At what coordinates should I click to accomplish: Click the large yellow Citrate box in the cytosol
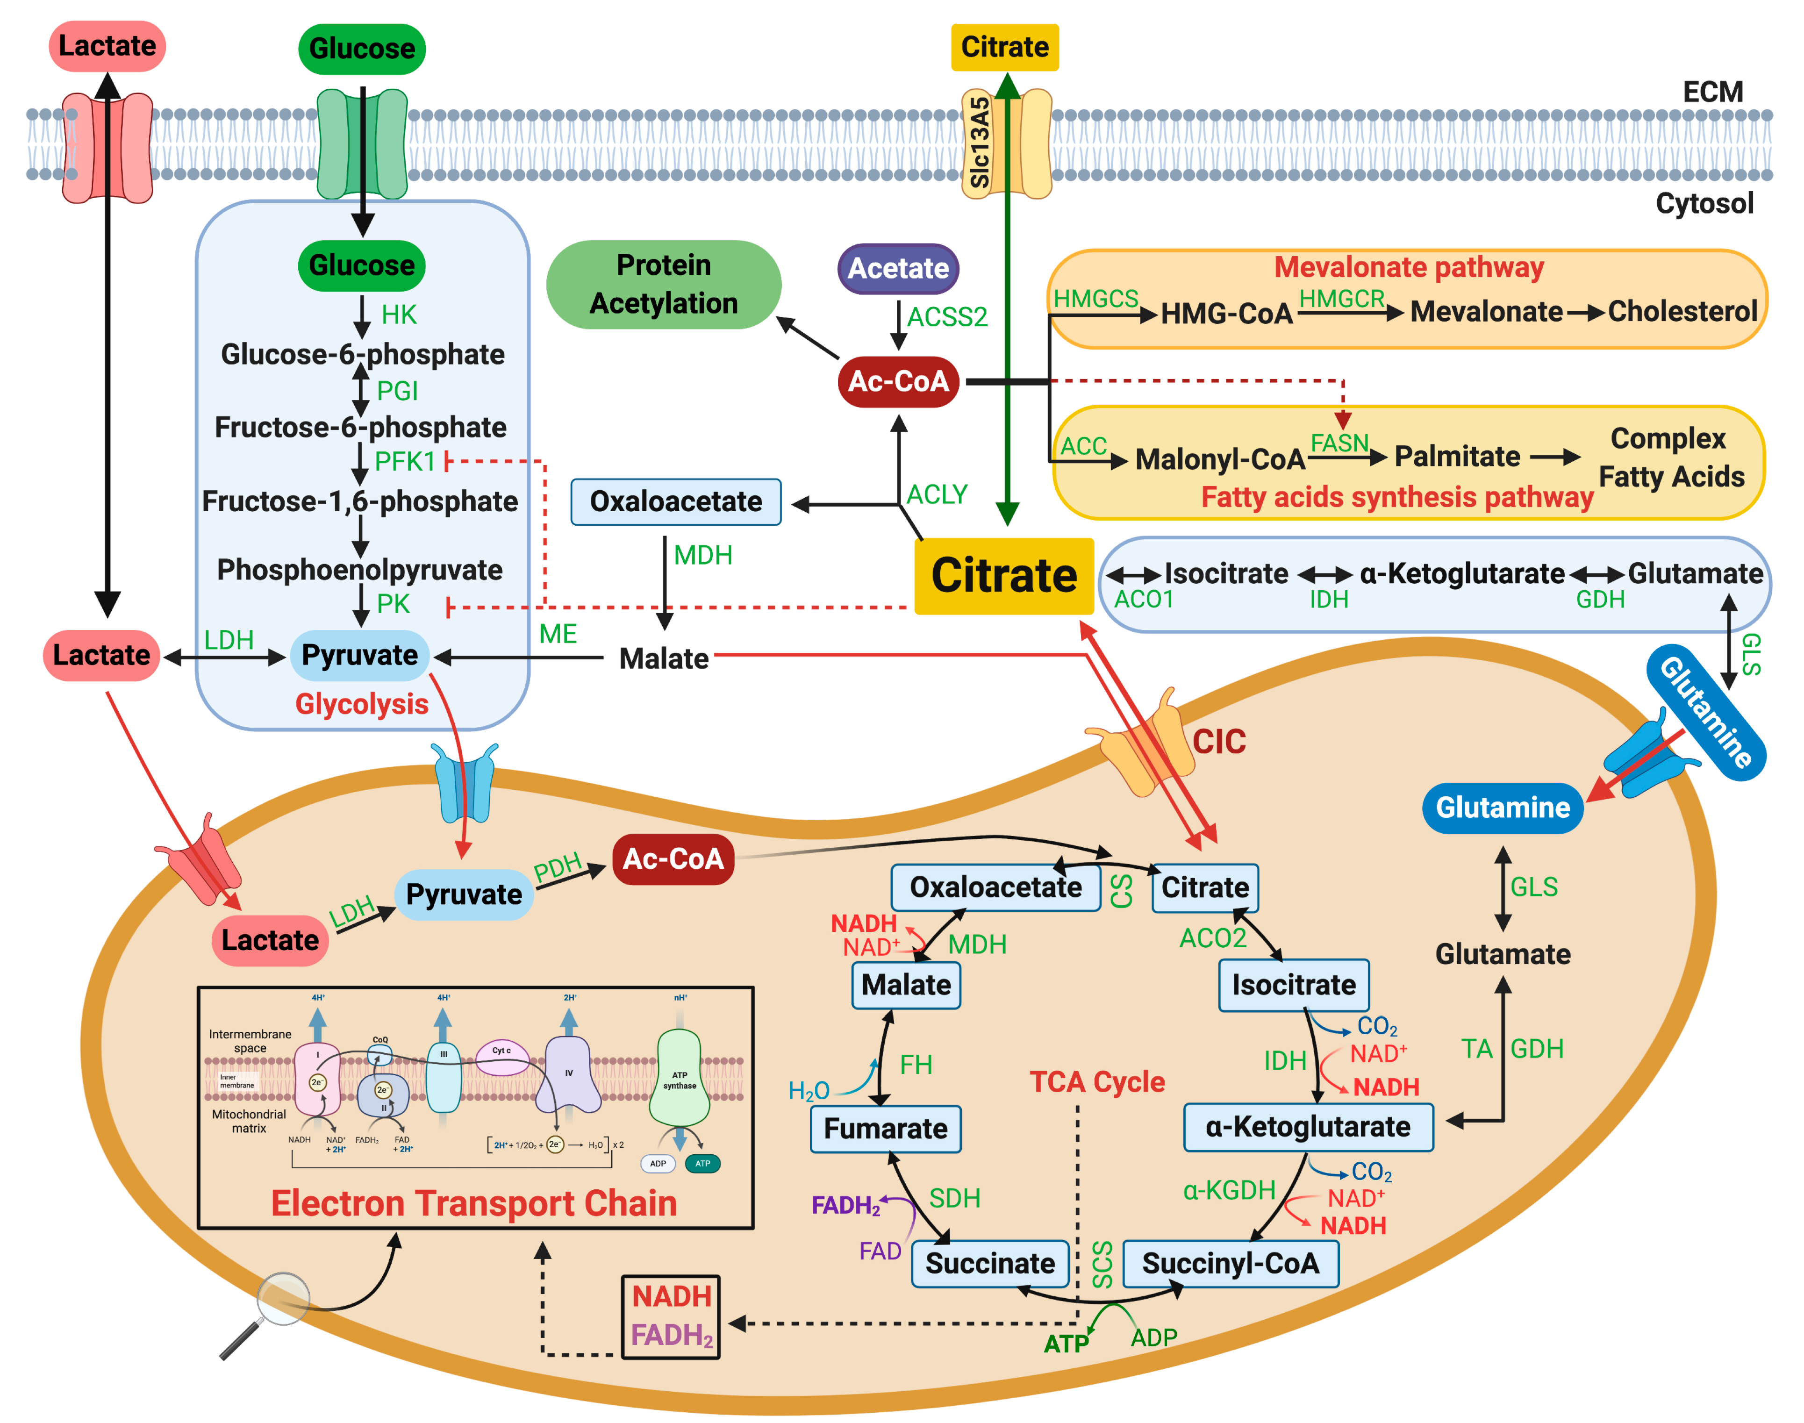(x=1003, y=576)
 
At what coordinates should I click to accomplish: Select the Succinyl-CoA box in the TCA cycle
(x=1230, y=1263)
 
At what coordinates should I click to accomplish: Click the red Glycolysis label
(x=362, y=704)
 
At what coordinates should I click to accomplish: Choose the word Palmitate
(x=1457, y=457)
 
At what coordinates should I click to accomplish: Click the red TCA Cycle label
(x=1096, y=1081)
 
